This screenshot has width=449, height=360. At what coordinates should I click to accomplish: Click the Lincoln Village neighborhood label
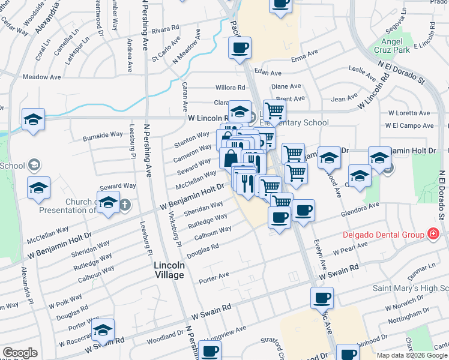[x=169, y=269]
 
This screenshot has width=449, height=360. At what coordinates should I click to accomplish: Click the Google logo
[x=20, y=353]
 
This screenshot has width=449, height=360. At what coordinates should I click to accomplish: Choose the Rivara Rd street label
[x=166, y=28]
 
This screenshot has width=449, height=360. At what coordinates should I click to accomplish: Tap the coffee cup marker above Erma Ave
[x=240, y=47]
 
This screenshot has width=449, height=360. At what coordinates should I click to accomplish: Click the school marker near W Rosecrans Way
[x=103, y=329]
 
